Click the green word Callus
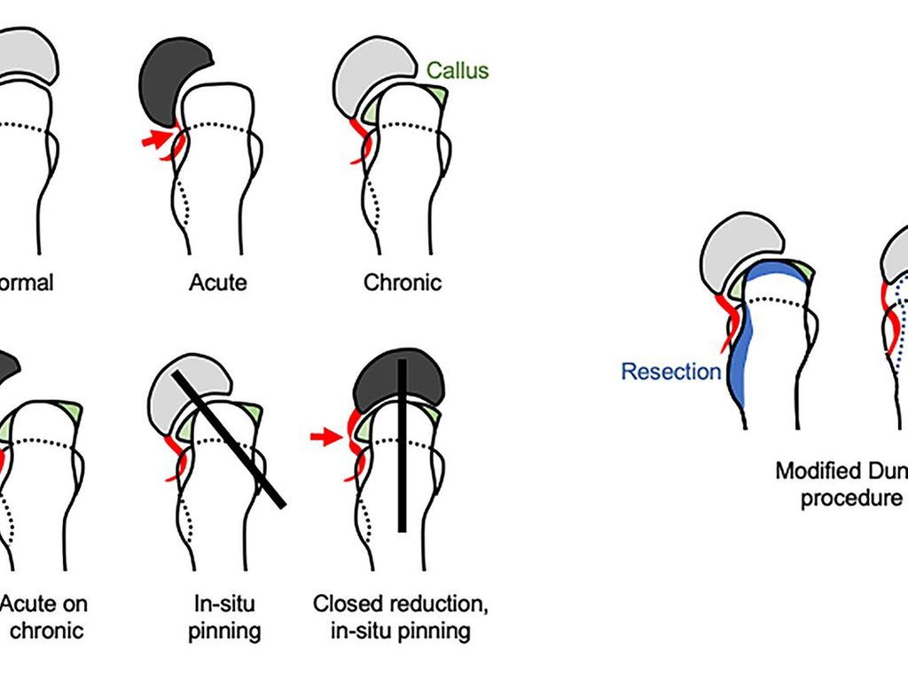(458, 70)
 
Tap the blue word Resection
(671, 372)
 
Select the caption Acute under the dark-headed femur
(217, 283)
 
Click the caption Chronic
(402, 283)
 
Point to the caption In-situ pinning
(227, 618)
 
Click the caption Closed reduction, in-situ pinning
(401, 618)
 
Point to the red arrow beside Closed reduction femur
(325, 436)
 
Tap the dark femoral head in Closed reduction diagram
(399, 377)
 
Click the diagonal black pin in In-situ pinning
(229, 439)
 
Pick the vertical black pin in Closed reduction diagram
(402, 443)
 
